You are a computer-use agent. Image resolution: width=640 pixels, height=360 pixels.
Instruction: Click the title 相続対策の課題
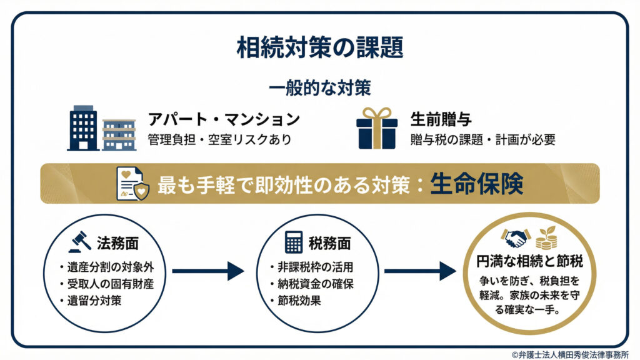319,47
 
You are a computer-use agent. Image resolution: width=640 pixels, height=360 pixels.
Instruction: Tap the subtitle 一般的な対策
319,87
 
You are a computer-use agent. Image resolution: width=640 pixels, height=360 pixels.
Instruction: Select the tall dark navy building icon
82,128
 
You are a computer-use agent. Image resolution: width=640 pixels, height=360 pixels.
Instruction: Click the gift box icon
377,127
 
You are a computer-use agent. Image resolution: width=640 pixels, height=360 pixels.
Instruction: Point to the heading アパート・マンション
224,119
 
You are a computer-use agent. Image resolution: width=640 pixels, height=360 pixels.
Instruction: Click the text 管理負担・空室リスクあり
219,139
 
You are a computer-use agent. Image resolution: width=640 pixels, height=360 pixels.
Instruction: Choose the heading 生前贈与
441,119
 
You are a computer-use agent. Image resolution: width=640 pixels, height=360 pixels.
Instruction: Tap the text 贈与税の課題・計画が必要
482,139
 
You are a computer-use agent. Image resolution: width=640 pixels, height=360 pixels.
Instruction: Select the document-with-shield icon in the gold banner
132,184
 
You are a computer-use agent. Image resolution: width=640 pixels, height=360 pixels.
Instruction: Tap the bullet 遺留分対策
94,300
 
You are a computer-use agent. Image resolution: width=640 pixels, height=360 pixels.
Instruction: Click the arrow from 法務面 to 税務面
207,271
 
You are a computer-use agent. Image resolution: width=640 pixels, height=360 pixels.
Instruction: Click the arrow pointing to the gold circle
420,271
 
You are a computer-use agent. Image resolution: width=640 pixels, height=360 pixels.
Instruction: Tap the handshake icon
516,237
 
